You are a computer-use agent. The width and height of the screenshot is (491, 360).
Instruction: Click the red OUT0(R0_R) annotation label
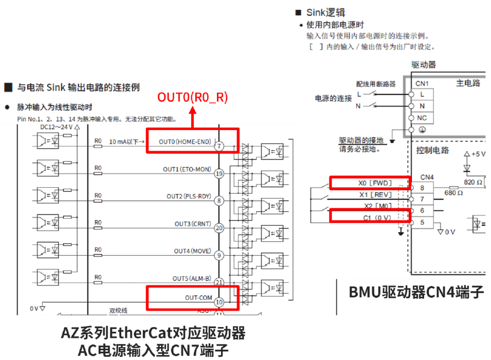pos(192,97)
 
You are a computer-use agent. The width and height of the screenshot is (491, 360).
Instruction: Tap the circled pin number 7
pos(219,147)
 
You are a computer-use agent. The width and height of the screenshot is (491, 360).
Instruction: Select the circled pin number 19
pos(219,174)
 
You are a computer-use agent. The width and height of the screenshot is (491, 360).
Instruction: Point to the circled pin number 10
pos(219,302)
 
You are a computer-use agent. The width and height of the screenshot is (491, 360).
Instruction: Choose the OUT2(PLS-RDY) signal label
pos(189,196)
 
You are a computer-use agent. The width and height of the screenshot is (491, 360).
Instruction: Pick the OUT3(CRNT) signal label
pos(192,224)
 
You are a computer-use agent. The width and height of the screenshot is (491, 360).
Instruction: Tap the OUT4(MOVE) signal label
pos(192,251)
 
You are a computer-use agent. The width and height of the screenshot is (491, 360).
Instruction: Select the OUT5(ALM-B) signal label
pos(192,278)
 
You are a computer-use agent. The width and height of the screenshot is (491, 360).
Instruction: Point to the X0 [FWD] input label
pos(375,183)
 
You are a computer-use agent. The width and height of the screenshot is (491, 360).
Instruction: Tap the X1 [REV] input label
pos(375,194)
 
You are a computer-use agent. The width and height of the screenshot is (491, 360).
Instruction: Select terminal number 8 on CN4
pos(422,188)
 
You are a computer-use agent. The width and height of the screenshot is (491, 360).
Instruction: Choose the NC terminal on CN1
pos(422,118)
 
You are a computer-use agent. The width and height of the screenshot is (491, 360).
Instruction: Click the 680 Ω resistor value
pos(453,193)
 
